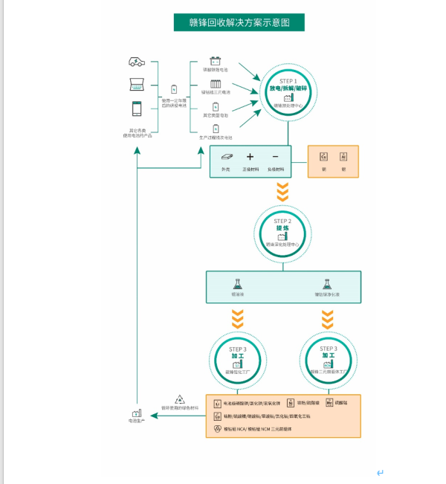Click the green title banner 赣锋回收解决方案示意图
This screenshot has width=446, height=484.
[239, 22]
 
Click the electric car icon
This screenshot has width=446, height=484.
[137, 62]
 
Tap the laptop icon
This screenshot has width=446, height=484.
[137, 85]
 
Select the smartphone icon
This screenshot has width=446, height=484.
[137, 109]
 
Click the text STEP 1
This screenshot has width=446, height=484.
[288, 80]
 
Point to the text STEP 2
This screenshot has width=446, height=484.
[282, 221]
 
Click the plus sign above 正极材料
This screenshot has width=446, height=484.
[250, 157]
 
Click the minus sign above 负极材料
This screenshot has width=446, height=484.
[275, 157]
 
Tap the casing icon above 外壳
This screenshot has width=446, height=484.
[225, 157]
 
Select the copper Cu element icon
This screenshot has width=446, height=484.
[323, 157]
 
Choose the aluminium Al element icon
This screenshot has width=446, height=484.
[343, 157]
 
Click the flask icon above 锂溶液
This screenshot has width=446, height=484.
[238, 284]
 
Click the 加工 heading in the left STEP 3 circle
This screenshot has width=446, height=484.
[238, 356]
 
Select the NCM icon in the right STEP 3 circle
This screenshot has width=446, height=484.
[327, 364]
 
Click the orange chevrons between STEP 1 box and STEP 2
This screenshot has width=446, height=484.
[282, 193]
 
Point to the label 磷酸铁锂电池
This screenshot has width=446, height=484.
[216, 70]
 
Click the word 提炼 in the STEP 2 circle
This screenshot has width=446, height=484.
[282, 228]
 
